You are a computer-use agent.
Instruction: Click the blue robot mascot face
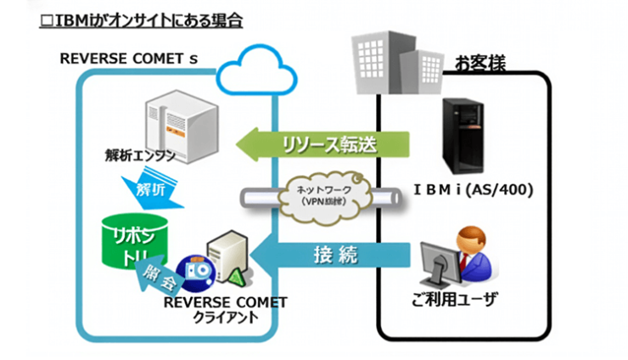click(198, 269)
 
